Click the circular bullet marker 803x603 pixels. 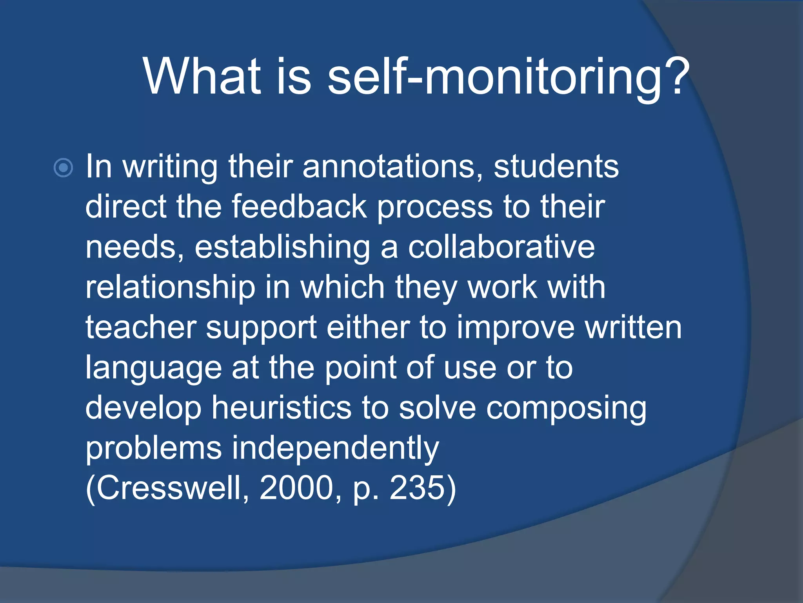(63, 168)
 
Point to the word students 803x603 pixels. (556, 166)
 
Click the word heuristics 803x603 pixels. (282, 408)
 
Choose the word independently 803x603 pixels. (335, 449)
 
